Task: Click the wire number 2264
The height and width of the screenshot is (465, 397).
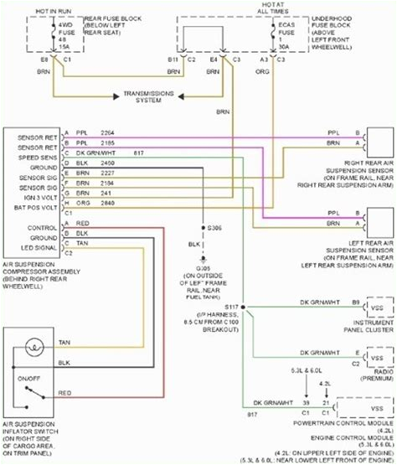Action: click(x=107, y=132)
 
